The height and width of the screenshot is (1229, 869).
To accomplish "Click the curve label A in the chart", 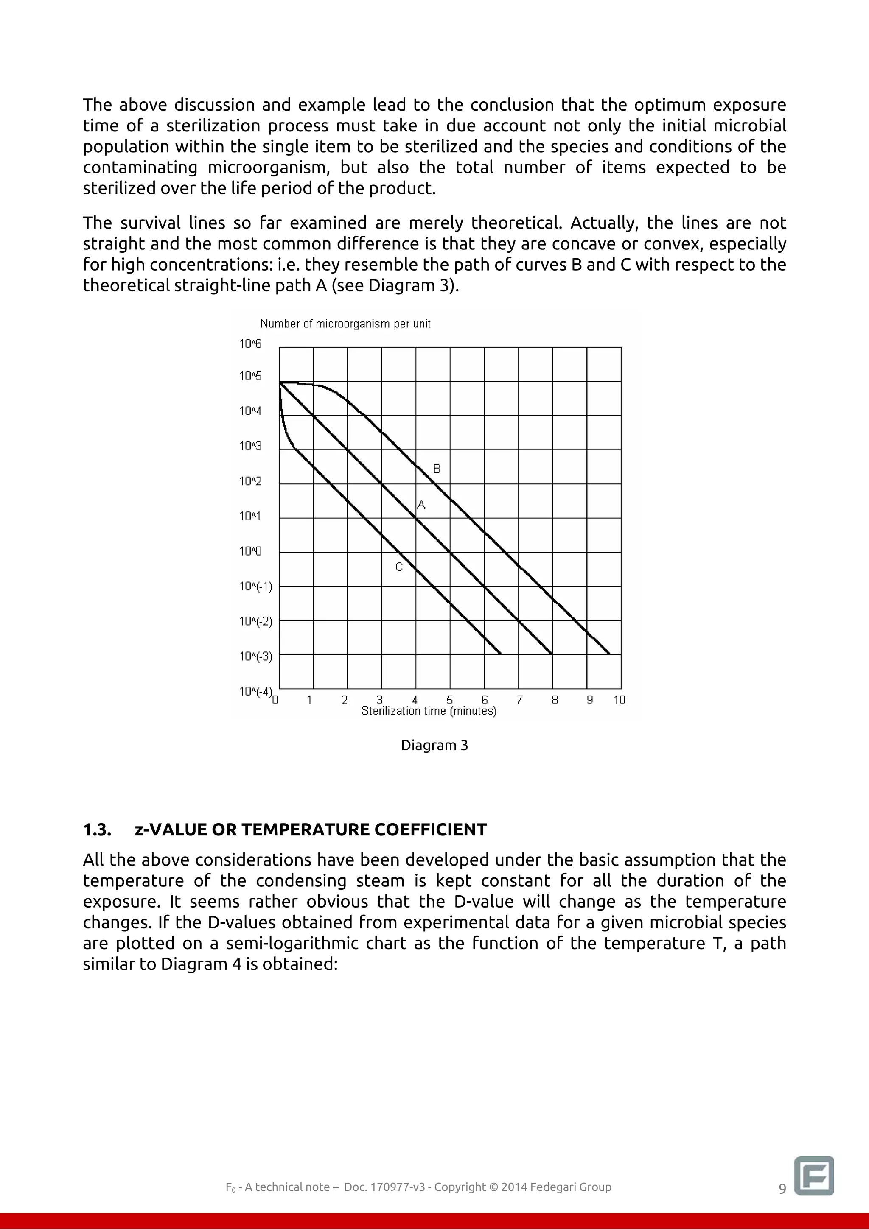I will coord(421,505).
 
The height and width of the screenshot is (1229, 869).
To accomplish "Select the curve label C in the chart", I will coord(399,567).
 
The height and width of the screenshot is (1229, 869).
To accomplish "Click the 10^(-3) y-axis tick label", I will coord(255,656).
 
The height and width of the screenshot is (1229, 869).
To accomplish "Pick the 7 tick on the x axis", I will coord(519,700).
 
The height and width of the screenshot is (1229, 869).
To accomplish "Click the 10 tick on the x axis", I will coord(619,700).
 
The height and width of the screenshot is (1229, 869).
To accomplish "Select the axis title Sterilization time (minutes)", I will coord(429,711).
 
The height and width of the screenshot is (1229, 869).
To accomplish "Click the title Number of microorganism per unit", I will coord(345,324).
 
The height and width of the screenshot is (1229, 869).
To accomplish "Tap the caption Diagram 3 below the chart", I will coord(434,745).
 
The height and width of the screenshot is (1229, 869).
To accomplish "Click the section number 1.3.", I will coord(97,830).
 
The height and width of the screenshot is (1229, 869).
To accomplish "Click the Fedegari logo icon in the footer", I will coord(814,1176).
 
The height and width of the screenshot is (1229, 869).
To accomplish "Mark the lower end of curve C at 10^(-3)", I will coord(501,654).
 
